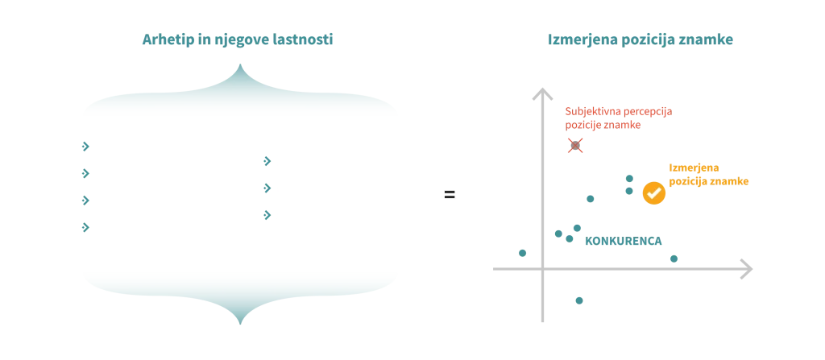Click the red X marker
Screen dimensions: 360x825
pos(574,145)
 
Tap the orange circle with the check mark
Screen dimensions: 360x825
pos(654,192)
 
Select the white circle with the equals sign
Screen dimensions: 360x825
pos(450,194)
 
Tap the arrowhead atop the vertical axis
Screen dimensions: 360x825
pos(541,93)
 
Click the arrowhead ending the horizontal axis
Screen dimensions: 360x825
pos(744,267)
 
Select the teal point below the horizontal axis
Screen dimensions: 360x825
pos(579,302)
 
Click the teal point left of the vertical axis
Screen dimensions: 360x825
pos(522,252)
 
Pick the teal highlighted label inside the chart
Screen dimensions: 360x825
pos(622,241)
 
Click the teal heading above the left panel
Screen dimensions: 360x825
pos(238,39)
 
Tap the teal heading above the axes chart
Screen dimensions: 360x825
pos(641,39)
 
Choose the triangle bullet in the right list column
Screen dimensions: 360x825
pos(267,188)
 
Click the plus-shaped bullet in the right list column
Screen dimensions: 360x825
pos(267,216)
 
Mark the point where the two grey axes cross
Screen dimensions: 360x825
pos(541,267)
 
